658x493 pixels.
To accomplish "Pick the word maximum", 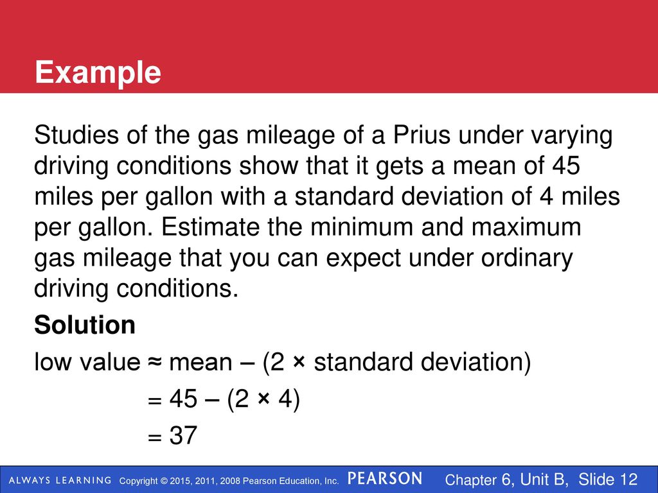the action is point(526,227).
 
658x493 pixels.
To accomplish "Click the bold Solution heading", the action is point(85,325).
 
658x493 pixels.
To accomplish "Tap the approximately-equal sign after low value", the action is point(154,362).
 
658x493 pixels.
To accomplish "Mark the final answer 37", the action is point(183,435).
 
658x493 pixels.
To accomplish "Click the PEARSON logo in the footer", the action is point(385,479).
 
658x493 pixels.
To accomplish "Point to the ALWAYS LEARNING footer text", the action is point(60,480).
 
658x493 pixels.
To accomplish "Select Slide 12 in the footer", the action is point(608,479).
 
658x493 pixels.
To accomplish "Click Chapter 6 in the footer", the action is point(479,480).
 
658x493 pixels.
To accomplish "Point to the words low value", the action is point(87,362).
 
